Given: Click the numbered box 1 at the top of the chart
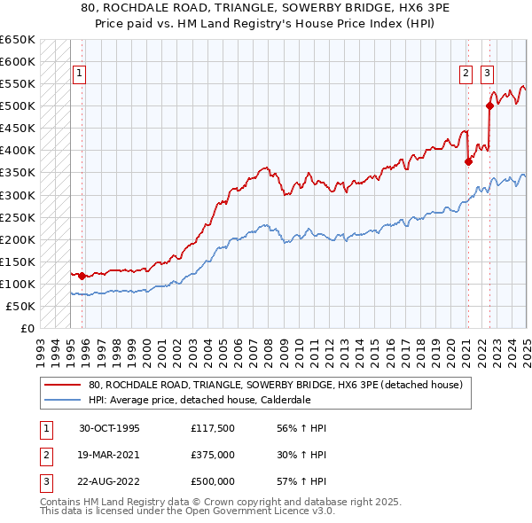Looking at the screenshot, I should click(x=80, y=74).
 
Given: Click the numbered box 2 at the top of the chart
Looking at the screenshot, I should click(x=465, y=74).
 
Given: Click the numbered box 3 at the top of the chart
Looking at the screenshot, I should click(x=488, y=74).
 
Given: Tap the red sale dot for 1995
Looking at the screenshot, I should click(x=82, y=276).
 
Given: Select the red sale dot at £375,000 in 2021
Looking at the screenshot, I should click(x=468, y=161).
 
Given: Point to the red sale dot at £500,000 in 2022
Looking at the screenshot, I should click(x=489, y=105).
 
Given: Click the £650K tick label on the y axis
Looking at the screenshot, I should click(x=18, y=40).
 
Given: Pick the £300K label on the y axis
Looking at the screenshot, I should click(x=18, y=195).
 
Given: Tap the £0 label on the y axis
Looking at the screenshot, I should click(x=27, y=328).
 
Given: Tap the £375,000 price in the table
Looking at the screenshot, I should click(x=212, y=455).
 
